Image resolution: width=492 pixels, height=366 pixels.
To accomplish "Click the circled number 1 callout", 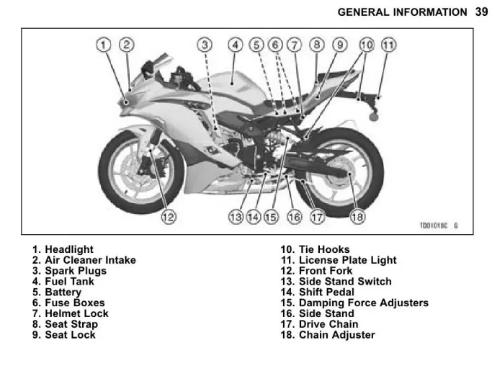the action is tap(104, 45).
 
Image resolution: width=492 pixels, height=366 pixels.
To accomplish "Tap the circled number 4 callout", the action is tap(236, 45).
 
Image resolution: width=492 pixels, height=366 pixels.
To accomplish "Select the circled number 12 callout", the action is tap(169, 217).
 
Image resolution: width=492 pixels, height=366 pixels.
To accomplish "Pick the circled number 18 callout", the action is tap(357, 217).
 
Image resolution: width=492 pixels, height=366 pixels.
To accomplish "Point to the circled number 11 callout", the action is tap(388, 45).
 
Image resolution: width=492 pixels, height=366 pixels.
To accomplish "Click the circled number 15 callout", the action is tap(272, 217).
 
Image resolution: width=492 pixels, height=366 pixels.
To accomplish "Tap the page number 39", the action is tap(481, 12).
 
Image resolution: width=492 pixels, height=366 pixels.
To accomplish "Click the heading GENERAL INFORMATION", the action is tap(402, 12).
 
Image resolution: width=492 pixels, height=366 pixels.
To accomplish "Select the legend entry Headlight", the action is tap(69, 249).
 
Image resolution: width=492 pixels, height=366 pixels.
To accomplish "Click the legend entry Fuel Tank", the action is tap(69, 281).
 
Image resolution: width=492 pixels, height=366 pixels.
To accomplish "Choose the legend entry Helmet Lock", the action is tap(76, 313).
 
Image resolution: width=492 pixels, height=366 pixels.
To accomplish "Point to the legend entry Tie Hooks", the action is tap(324, 249).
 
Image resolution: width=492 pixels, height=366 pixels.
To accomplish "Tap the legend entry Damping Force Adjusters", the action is tap(364, 303).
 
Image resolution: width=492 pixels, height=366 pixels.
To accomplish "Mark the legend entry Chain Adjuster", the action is tap(337, 334).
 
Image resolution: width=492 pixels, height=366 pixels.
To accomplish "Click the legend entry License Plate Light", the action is tap(348, 260).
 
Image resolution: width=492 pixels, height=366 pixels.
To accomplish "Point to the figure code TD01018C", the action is tap(434, 226).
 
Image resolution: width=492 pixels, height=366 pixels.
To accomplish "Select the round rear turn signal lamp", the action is tap(373, 117).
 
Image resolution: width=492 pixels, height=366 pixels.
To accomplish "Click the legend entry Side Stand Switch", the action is tap(345, 281).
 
